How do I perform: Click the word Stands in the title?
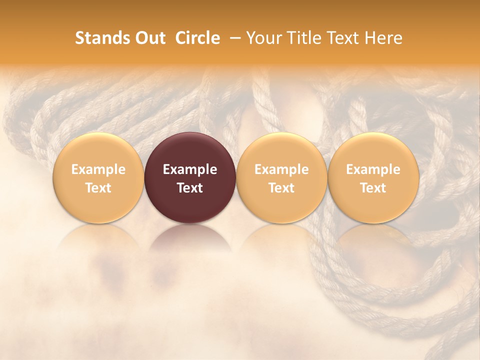[x=102, y=38]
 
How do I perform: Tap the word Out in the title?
[x=149, y=38]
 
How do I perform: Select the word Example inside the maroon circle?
[x=190, y=169]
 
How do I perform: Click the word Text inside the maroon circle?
[x=190, y=188]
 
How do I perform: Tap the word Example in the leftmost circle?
[x=98, y=169]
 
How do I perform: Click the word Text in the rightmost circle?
[x=373, y=188]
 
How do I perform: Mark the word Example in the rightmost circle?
[x=373, y=169]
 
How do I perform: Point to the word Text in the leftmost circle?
[x=98, y=188]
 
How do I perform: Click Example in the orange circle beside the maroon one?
[x=281, y=169]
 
